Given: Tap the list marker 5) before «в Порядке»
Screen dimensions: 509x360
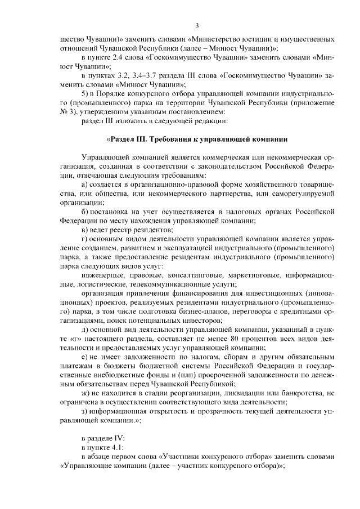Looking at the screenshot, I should [85, 92].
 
